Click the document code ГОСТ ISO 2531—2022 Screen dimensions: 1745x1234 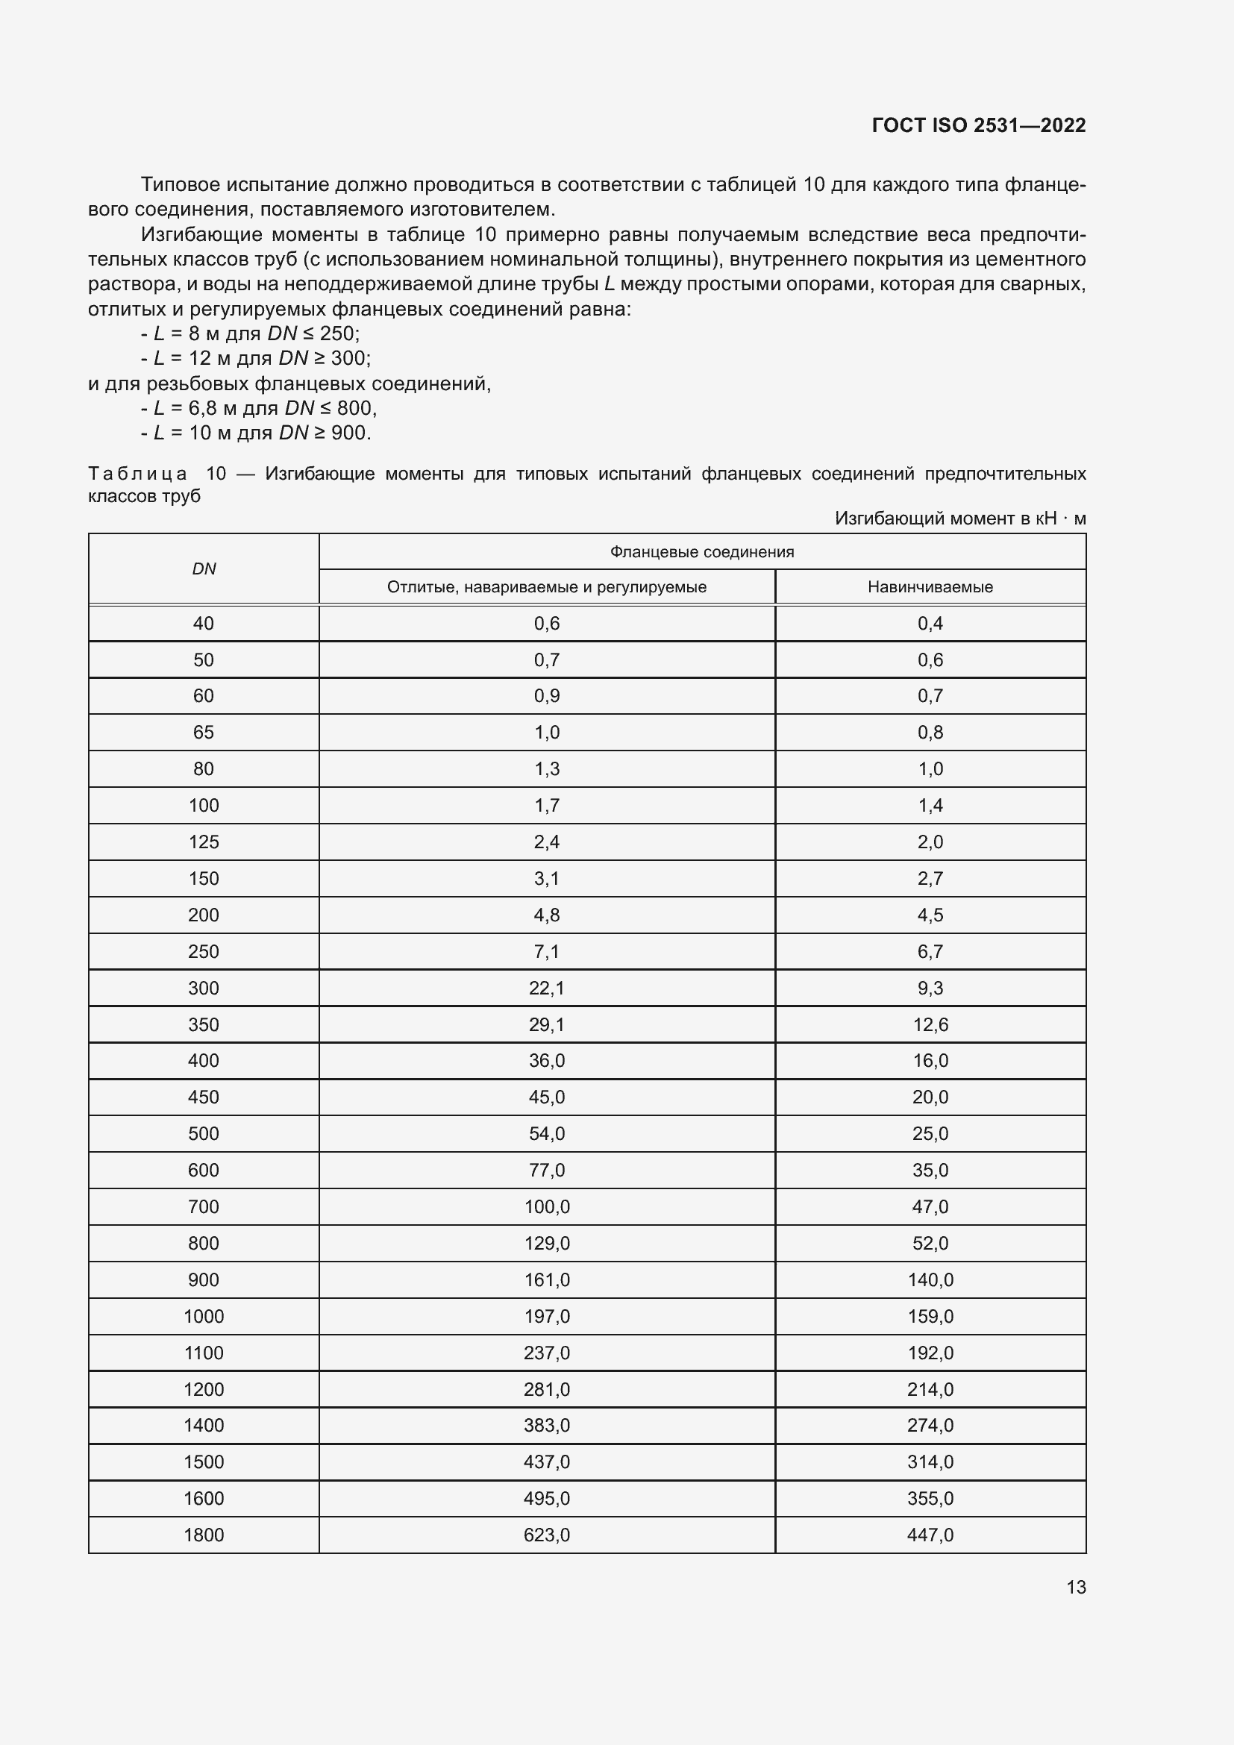click(x=978, y=125)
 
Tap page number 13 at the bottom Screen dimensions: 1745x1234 click(x=1076, y=1587)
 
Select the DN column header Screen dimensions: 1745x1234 click(x=204, y=569)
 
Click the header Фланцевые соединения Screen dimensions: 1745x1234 click(x=701, y=552)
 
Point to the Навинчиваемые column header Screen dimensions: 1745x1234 click(x=930, y=586)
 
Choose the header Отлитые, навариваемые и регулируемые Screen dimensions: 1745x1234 click(x=546, y=586)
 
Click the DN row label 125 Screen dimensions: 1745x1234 click(x=204, y=842)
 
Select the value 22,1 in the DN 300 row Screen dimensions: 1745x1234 click(x=546, y=988)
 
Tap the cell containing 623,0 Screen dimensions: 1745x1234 click(x=546, y=1535)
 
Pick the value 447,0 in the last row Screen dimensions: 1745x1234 click(x=930, y=1535)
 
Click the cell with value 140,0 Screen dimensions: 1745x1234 click(x=930, y=1280)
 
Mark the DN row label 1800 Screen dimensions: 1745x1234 click(x=204, y=1535)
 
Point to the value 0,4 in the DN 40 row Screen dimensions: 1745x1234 click(x=930, y=623)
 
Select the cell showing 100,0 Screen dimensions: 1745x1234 click(x=546, y=1207)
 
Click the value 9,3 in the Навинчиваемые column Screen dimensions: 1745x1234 click(x=930, y=988)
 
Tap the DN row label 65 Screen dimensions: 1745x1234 click(x=204, y=732)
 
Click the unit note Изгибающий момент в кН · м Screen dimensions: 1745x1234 click(x=959, y=519)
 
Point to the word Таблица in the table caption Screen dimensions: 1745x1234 click(x=137, y=474)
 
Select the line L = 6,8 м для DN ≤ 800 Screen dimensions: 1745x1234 click(x=258, y=408)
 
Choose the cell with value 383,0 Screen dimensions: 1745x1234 click(x=546, y=1425)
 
